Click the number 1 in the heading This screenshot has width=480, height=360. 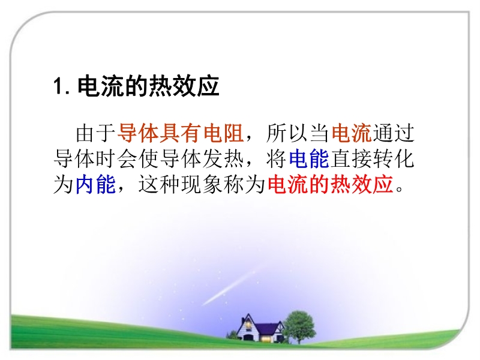point(58,86)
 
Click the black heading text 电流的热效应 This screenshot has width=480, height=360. point(148,86)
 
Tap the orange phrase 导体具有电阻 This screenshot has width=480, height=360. point(181,133)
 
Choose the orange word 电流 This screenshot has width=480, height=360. point(351,133)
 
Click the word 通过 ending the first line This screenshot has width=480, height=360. point(394,133)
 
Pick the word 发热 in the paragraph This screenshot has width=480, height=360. point(223,159)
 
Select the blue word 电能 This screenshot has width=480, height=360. point(309,159)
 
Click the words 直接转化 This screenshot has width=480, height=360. point(372,159)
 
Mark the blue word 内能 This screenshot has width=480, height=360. point(95,185)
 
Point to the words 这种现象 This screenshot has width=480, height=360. point(181,185)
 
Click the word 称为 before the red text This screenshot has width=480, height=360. point(244,185)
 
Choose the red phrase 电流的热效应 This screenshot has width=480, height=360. point(330,185)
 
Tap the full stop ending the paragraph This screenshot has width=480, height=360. point(399,188)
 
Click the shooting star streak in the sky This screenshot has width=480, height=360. point(233,286)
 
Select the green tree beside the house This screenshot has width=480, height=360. point(299,326)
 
